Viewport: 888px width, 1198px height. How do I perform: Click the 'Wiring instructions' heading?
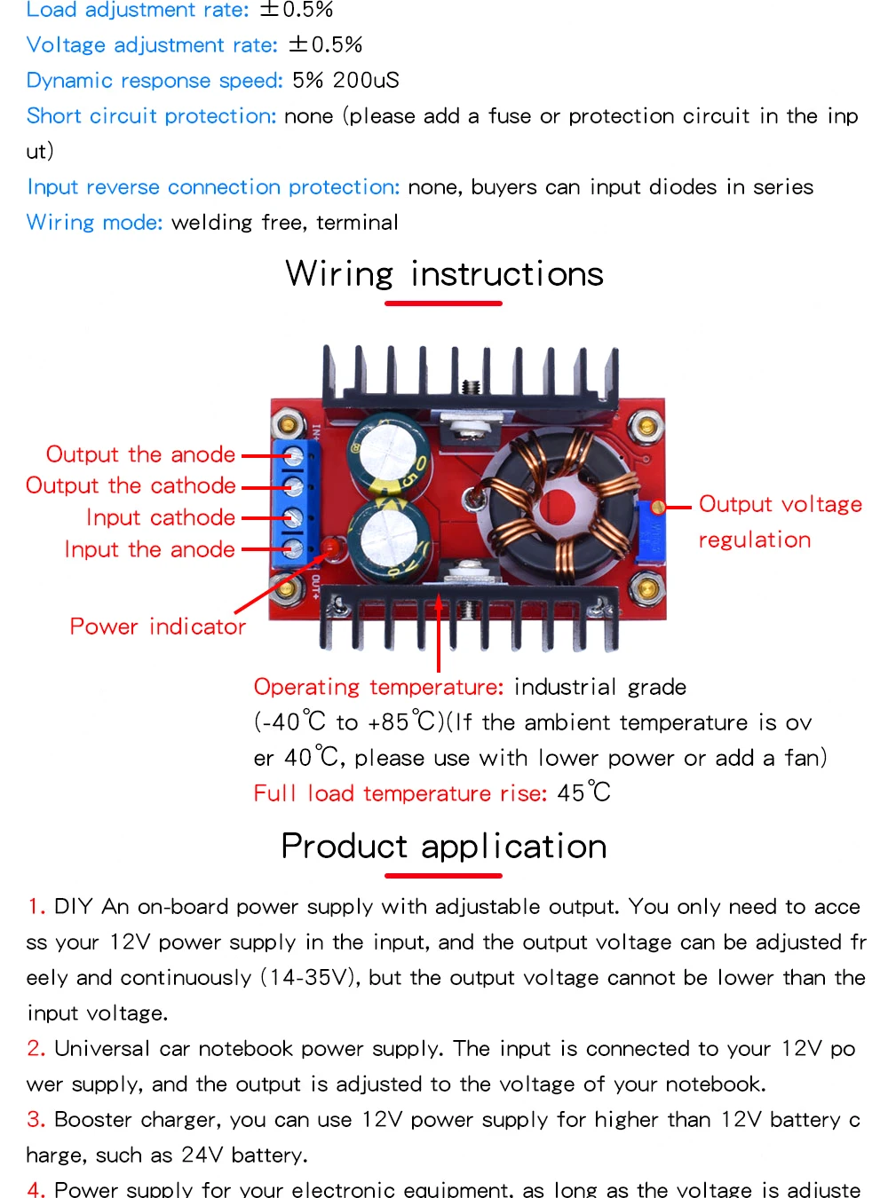click(x=444, y=274)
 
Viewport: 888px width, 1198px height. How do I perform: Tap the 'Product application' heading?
click(x=444, y=847)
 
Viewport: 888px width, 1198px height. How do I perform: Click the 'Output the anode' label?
click(x=140, y=454)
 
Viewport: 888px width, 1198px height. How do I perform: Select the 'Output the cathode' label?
click(x=131, y=485)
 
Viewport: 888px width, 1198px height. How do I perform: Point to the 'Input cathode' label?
click(x=161, y=517)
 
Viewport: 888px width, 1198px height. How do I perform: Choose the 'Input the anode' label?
click(x=149, y=549)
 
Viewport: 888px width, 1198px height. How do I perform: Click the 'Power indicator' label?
click(x=157, y=627)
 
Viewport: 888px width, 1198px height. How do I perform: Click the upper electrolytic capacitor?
click(x=389, y=453)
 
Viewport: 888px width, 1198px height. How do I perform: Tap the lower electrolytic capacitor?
click(x=389, y=540)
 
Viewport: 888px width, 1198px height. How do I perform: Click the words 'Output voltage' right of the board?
click(x=780, y=504)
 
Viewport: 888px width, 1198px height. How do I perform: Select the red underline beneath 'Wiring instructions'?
click(x=443, y=303)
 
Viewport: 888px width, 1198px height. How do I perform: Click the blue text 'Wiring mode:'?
click(x=94, y=222)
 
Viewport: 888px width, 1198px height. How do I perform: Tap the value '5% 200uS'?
click(x=345, y=81)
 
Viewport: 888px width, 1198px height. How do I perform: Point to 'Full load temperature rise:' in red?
click(x=400, y=793)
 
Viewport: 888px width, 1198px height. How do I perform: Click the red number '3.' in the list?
click(x=36, y=1120)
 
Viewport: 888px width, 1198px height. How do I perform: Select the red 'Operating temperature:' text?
click(x=378, y=687)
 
